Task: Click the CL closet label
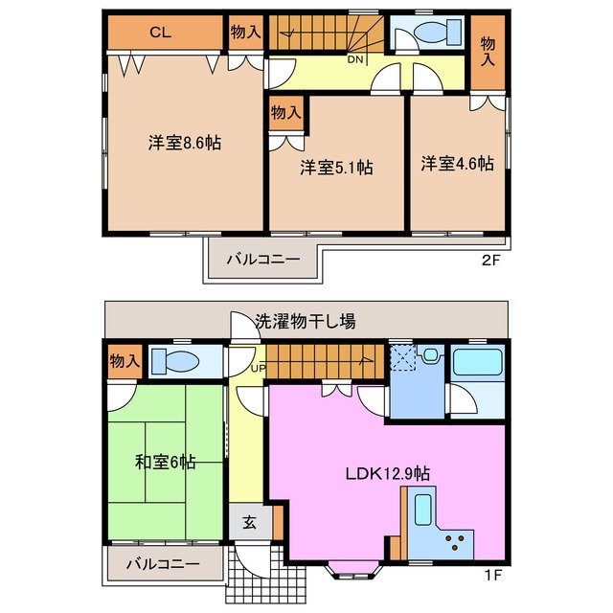tap(160, 32)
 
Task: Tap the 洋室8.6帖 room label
tap(185, 143)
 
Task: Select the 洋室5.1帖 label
tap(335, 168)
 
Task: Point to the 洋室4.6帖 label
tap(457, 164)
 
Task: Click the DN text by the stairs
tap(354, 59)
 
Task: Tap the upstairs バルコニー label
tap(263, 260)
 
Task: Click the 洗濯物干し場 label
tap(306, 321)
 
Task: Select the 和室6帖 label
tap(166, 463)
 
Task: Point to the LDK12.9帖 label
tap(387, 473)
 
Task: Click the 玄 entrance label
tap(248, 523)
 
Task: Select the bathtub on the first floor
tap(477, 362)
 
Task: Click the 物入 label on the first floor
tap(124, 361)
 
